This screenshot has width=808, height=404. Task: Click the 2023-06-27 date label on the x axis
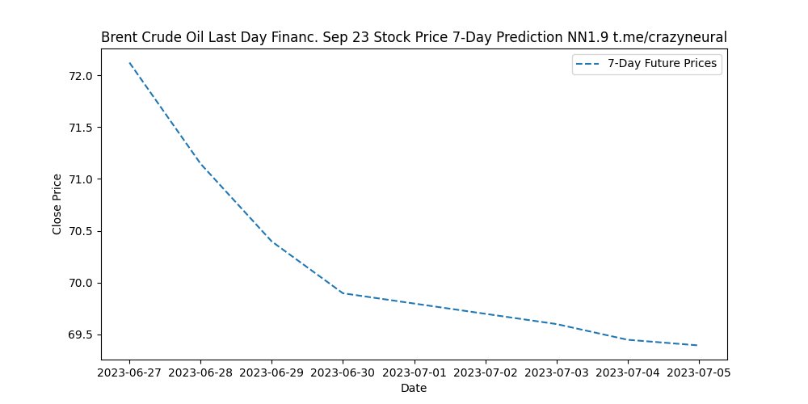coord(129,372)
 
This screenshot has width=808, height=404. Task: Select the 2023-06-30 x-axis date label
coord(343,372)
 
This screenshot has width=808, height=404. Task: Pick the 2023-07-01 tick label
coord(414,372)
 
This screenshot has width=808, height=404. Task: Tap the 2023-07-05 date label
coord(697,372)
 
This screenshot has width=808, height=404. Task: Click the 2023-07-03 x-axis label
coord(556,372)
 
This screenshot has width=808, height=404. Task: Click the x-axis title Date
coord(414,388)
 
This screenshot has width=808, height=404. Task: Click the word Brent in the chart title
coord(118,37)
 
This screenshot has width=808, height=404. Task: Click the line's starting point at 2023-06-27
coord(129,63)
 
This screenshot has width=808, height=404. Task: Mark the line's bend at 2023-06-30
coord(343,293)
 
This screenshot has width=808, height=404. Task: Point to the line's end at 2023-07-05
coord(697,345)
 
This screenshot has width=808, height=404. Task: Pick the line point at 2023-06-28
coord(200,164)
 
